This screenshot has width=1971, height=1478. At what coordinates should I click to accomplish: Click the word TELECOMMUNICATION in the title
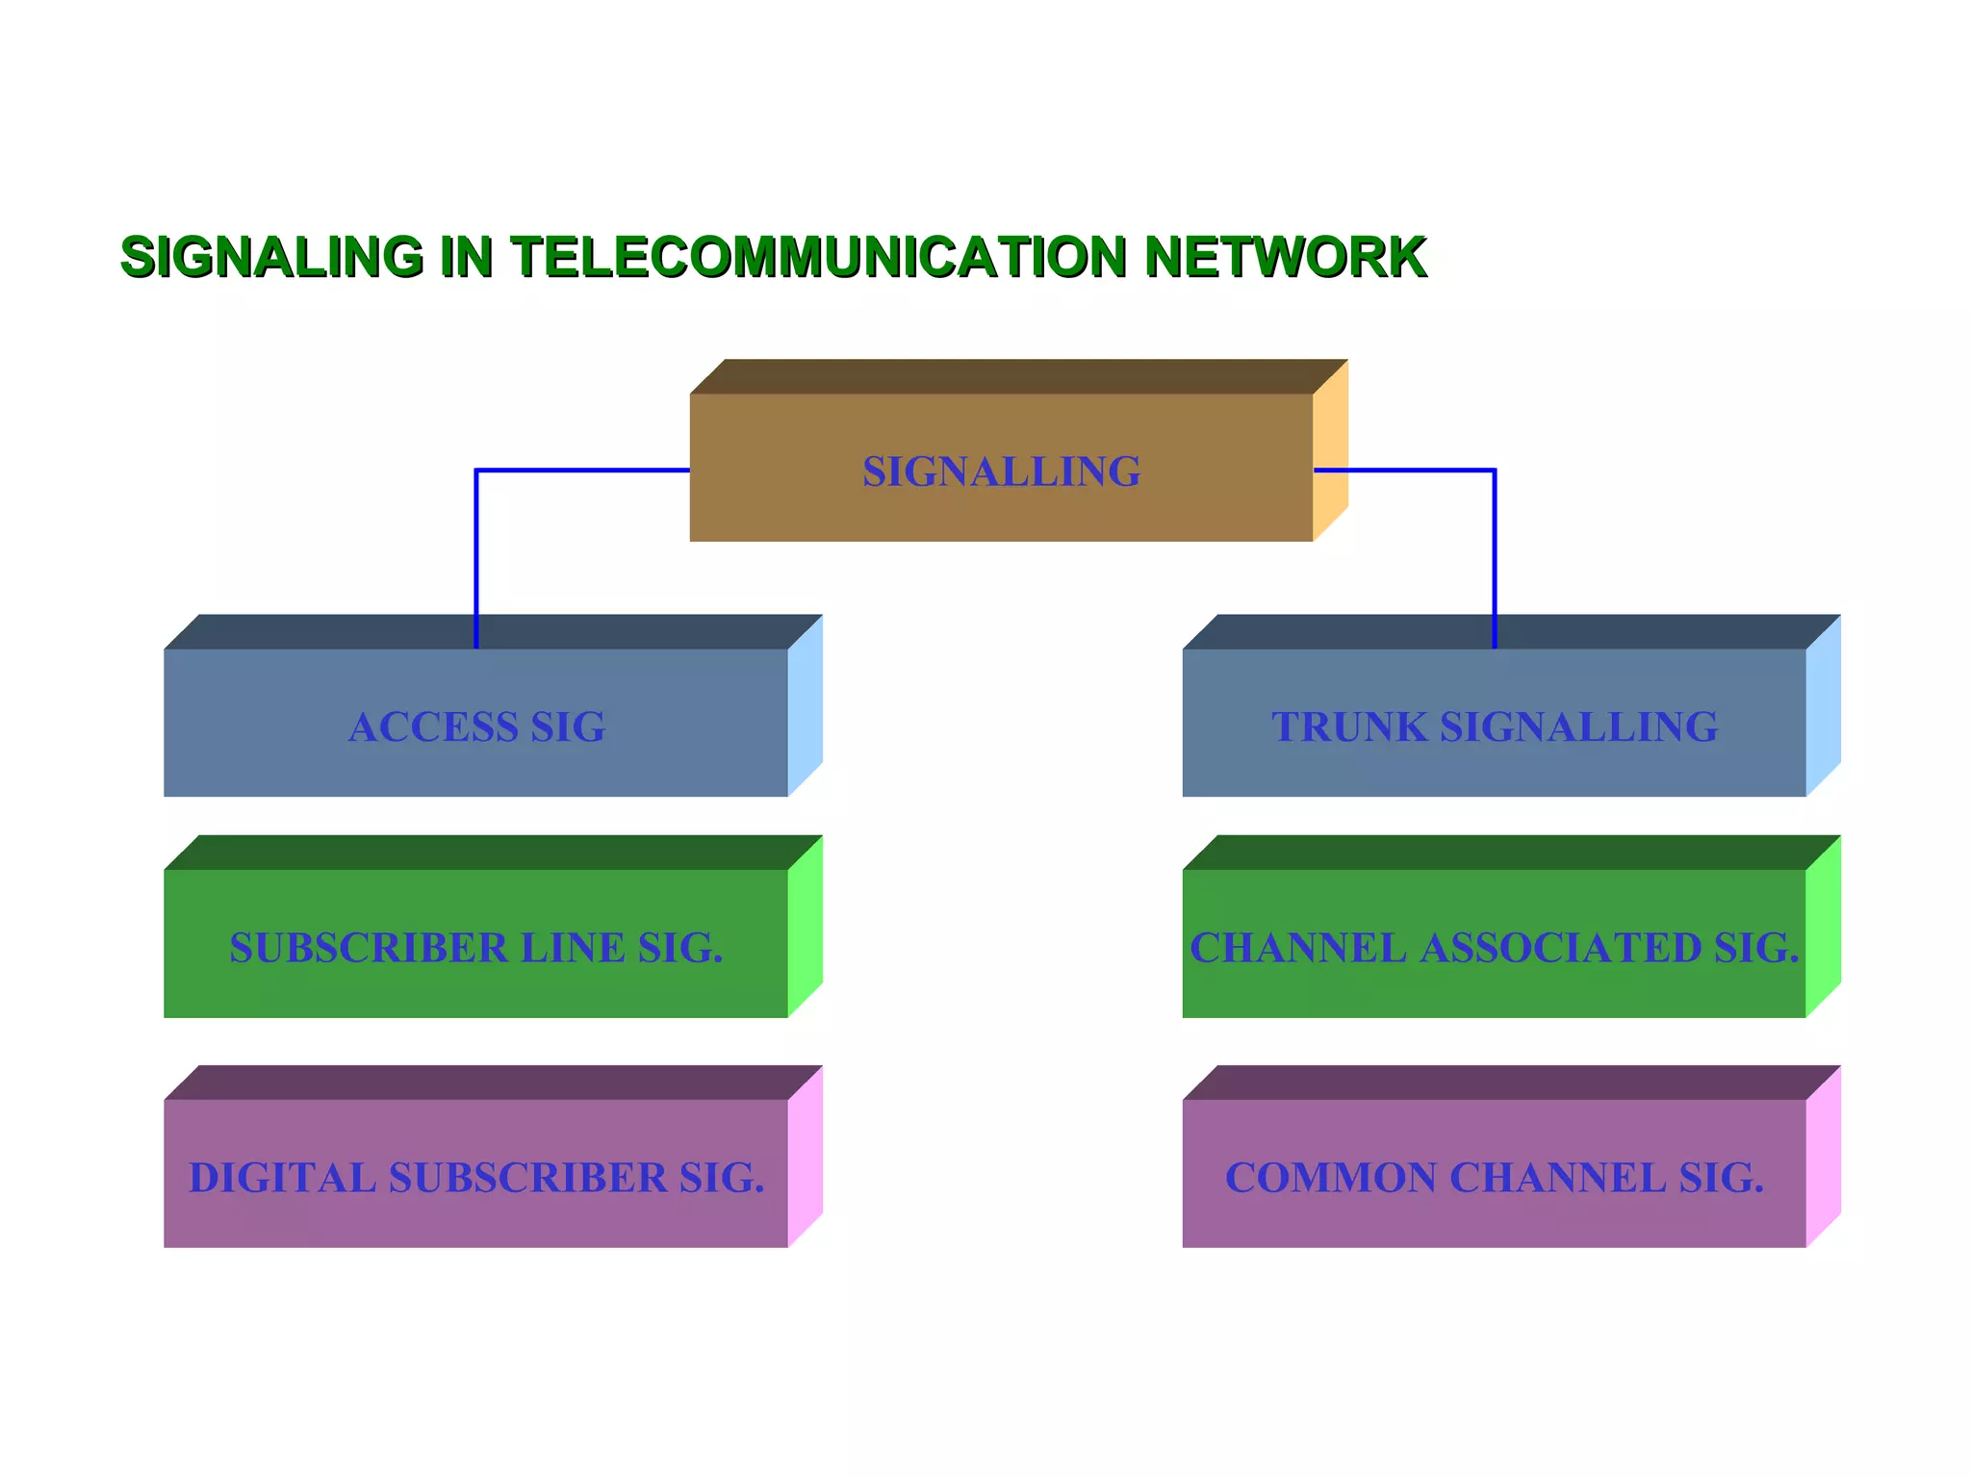coord(818,257)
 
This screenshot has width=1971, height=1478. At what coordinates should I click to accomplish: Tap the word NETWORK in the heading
coord(1285,257)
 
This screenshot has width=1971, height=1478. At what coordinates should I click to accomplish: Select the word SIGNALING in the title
coord(271,257)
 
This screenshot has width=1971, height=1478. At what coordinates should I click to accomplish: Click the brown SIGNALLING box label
coord(1001,471)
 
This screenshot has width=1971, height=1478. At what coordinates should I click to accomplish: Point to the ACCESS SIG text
coord(477,726)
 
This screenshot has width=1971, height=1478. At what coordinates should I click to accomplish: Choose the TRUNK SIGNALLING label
coord(1494,726)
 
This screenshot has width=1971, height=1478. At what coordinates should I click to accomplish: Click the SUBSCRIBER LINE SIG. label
coord(475,948)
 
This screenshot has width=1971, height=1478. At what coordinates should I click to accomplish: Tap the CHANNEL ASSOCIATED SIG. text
coord(1494,948)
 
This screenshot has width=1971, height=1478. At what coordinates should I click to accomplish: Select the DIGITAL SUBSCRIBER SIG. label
coord(476,1178)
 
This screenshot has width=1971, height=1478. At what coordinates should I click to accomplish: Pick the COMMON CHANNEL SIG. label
coord(1494,1178)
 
